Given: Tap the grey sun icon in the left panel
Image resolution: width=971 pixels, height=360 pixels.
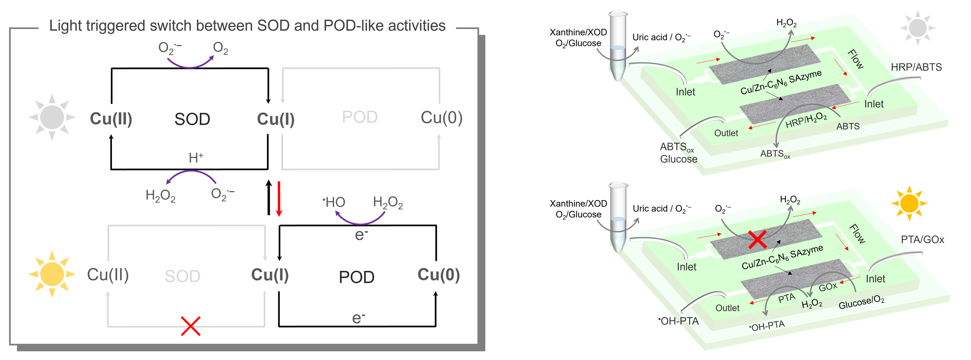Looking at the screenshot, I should coord(52,117).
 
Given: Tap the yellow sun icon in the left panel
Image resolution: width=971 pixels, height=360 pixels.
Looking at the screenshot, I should coord(52,274).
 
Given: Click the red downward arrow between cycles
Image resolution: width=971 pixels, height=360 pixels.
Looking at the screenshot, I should coord(279,199).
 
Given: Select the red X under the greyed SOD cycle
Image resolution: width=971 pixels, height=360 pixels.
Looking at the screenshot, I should coord(191,326).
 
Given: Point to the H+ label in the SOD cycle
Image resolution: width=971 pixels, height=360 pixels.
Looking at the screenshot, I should coord(196,158).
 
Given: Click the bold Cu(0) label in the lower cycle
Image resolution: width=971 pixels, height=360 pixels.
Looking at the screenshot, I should coord(438,275).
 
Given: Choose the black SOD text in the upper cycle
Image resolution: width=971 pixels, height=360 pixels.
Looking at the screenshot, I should coord(192,119).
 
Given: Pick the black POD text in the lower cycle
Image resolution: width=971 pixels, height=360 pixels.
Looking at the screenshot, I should coord(356,277).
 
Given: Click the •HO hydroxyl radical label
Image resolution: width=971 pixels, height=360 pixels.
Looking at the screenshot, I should coord(334,202).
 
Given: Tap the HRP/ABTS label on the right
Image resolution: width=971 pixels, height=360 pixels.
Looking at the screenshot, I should coord(916,67).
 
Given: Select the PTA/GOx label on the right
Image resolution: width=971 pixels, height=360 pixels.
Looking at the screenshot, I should coord(922,239).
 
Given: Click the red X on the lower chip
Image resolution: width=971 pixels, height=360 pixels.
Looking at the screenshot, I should coord(757,240).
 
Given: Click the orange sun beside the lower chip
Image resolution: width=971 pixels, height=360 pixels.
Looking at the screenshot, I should coord(909,203).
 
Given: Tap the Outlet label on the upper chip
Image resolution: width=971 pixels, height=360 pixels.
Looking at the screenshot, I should coord(726,133).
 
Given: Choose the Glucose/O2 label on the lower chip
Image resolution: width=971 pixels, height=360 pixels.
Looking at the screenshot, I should coord(861,302).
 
